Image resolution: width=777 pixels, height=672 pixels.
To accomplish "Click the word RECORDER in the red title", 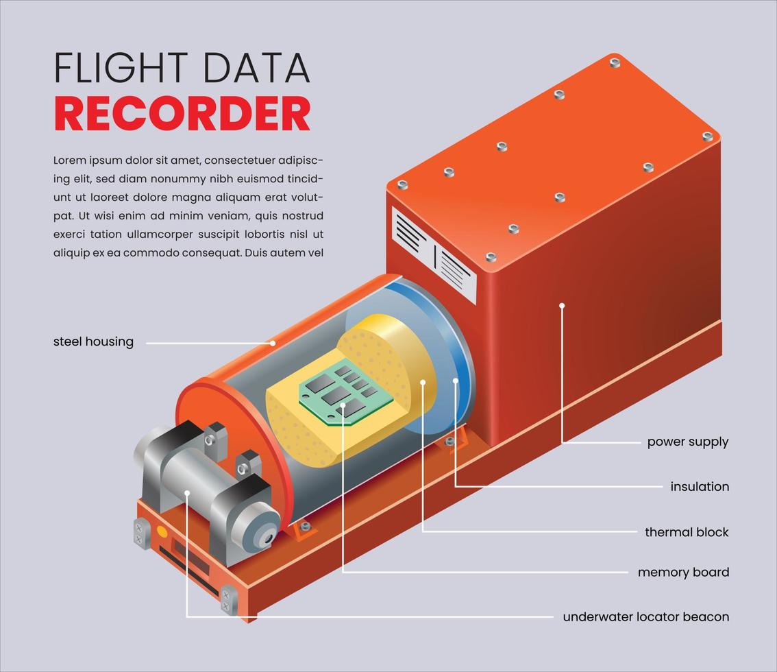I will point(182,114).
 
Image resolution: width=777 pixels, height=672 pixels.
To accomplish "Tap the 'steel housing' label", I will point(93,341).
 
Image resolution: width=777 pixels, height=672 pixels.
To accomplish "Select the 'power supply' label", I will point(687,442).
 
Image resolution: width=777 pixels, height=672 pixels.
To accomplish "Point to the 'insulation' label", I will point(699,487).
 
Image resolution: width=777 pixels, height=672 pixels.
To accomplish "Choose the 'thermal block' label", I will point(686,532).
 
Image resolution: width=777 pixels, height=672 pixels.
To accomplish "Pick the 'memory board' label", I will point(682,573).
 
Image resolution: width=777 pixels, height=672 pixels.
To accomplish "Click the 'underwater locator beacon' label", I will point(645,617).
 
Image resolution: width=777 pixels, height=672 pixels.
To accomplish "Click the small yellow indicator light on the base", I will point(162,531).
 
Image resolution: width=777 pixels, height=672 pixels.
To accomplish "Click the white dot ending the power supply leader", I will point(562,306).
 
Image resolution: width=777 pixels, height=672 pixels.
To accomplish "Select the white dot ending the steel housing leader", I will point(273,343).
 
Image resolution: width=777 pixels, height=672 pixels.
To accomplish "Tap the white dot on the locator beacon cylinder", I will point(186,492).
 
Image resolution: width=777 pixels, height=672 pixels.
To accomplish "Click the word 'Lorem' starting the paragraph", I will point(70,160).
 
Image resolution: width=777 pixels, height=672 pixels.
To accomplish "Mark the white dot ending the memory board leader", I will point(343,405).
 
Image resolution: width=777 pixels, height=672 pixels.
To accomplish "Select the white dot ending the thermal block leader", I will point(423,383).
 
